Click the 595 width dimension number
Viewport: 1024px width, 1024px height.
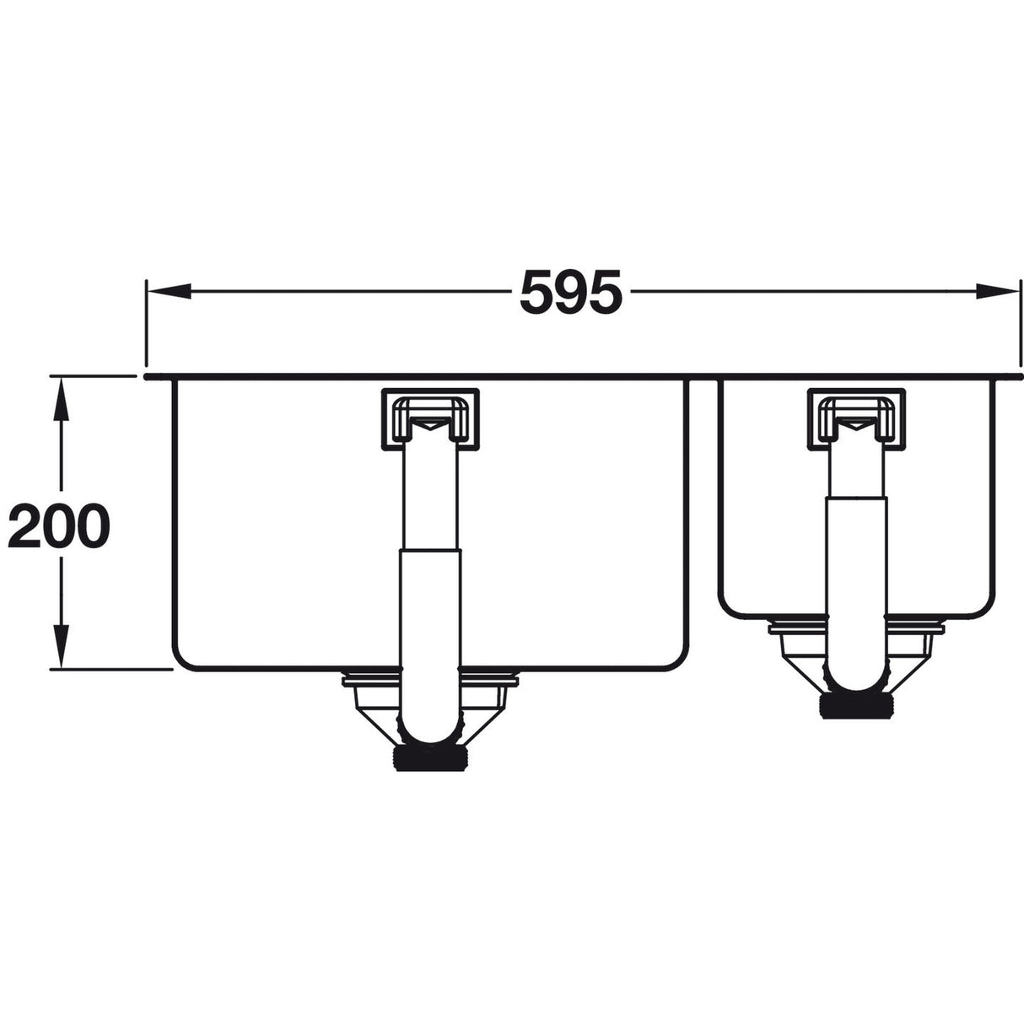(x=571, y=292)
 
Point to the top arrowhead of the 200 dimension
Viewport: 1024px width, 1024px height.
(x=60, y=396)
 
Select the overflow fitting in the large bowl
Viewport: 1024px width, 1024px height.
(x=430, y=417)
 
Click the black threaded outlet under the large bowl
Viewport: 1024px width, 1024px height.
(x=430, y=756)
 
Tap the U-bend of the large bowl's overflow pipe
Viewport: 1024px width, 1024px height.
(x=430, y=725)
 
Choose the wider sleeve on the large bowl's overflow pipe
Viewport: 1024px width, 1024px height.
(x=430, y=607)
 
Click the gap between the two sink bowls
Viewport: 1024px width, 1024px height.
(x=703, y=506)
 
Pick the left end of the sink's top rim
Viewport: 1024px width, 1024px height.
(x=149, y=376)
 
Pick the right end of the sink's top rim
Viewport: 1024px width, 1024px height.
(x=1018, y=376)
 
